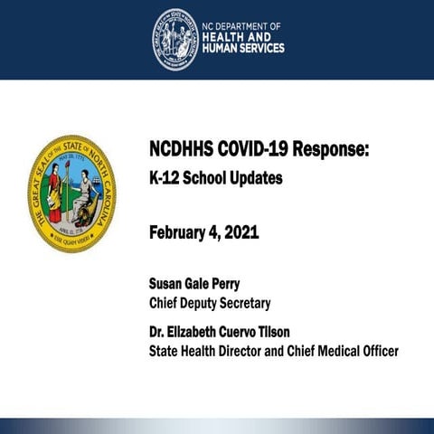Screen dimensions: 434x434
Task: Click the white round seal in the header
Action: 175,39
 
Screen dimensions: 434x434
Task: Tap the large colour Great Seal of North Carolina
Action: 71,193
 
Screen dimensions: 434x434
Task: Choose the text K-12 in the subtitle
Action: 165,178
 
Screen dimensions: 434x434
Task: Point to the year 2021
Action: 241,232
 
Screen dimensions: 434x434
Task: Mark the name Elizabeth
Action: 199,330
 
